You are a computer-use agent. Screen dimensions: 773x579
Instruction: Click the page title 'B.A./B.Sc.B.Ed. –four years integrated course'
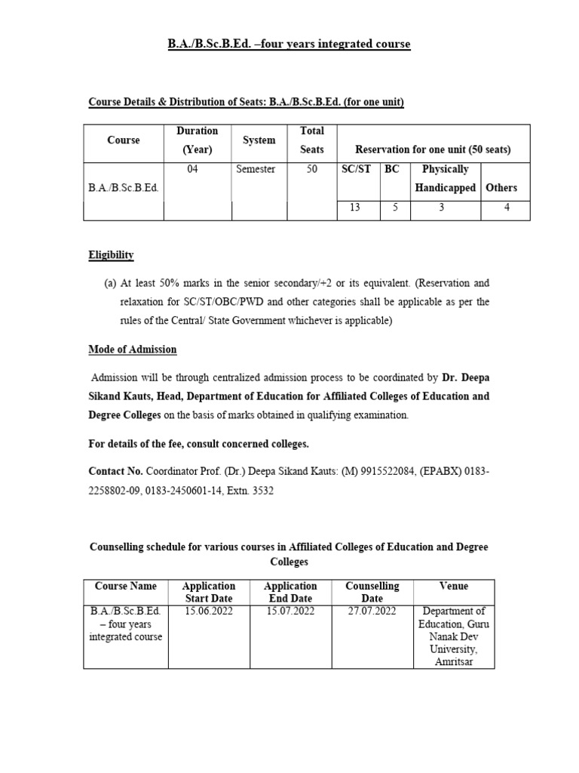pyautogui.click(x=289, y=45)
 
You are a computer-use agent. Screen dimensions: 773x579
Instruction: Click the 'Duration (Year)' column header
pyautogui.click(x=197, y=140)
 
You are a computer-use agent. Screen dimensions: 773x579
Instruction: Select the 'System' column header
pyautogui.click(x=259, y=140)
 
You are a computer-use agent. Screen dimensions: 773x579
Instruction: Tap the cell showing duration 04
pyautogui.click(x=192, y=170)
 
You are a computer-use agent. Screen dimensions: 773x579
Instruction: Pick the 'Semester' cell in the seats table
pyautogui.click(x=256, y=170)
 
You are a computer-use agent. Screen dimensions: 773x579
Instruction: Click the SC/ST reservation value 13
pyautogui.click(x=354, y=208)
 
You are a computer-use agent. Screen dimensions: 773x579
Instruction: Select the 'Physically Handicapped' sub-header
pyautogui.click(x=445, y=178)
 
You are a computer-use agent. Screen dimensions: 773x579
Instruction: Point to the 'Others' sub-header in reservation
pyautogui.click(x=501, y=188)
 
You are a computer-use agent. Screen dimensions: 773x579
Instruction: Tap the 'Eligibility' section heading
pyautogui.click(x=111, y=255)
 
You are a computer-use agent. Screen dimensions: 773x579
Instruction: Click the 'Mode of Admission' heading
pyautogui.click(x=133, y=350)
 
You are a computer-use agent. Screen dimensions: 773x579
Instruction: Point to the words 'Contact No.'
pyautogui.click(x=115, y=470)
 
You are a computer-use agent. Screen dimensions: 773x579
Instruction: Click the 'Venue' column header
pyautogui.click(x=453, y=586)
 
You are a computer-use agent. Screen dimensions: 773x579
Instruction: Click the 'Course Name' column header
pyautogui.click(x=126, y=586)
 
